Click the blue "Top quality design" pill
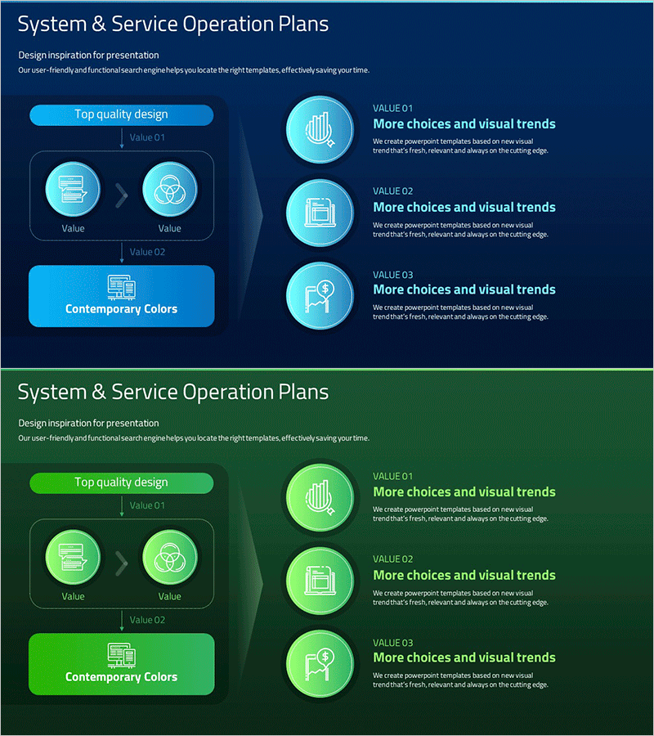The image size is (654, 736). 121,114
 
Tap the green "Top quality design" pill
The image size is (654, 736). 121,482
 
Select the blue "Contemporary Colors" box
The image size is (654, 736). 121,296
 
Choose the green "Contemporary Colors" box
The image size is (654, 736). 121,664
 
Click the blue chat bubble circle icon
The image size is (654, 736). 73,191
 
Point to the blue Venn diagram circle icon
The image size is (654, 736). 169,191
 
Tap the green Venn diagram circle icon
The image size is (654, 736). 169,559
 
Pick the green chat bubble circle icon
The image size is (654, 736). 73,559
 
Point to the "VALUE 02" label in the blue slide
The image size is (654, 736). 393,191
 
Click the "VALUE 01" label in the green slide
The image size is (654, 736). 393,476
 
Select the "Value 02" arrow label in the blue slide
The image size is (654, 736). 147,252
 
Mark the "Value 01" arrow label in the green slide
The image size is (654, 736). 147,505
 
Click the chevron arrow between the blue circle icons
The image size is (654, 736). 122,195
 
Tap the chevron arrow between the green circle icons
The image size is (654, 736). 122,563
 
